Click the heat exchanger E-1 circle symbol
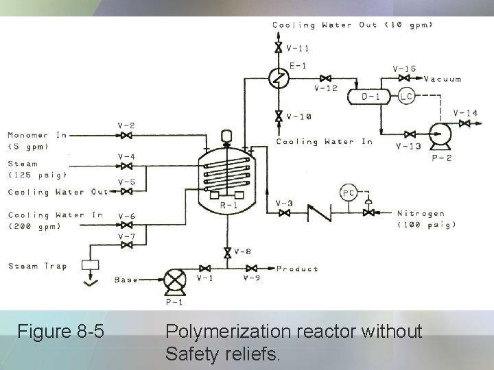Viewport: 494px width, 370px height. coord(279,79)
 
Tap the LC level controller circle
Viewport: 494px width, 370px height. coord(407,97)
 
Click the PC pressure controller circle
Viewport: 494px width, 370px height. coord(348,193)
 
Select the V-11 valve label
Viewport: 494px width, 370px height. coord(298,48)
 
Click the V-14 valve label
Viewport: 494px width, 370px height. coord(466,112)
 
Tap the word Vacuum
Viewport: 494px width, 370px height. coord(443,79)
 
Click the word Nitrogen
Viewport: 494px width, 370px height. coord(421,214)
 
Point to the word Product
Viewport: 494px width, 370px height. coord(297,269)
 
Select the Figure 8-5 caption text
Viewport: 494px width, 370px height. coord(61,333)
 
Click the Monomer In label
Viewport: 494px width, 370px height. coord(37,135)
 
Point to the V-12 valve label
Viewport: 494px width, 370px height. coord(326,88)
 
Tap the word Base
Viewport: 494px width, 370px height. coord(126,280)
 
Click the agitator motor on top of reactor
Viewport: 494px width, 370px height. coord(225,136)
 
